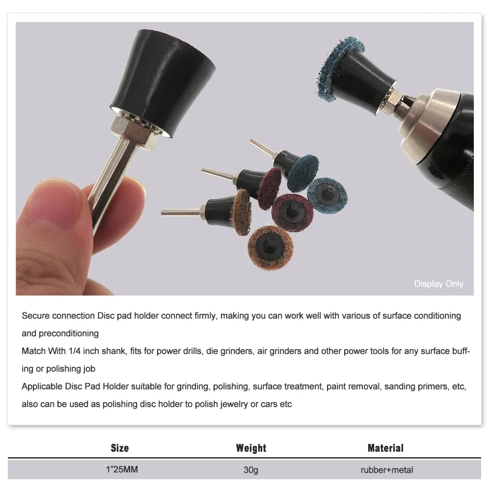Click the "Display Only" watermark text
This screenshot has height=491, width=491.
[438, 284]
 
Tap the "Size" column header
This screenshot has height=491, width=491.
[120, 448]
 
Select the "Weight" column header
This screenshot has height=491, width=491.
[251, 448]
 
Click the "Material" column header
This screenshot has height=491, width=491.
[385, 448]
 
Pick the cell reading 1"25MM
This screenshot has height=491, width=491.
[122, 470]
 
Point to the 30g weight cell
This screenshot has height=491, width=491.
[251, 470]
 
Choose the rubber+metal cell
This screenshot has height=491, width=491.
[386, 470]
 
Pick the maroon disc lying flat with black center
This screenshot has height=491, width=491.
[293, 212]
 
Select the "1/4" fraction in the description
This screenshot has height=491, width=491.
[70, 351]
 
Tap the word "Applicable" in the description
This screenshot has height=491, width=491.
[41, 386]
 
